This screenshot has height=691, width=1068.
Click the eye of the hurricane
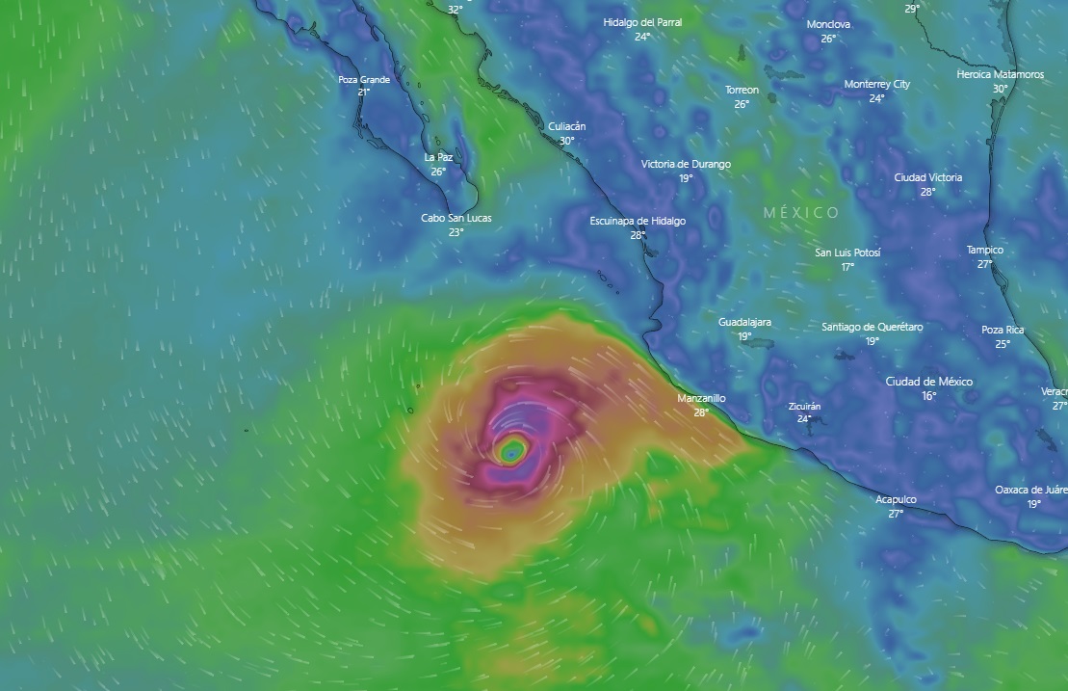[x=511, y=450]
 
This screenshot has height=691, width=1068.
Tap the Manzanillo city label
[x=701, y=398]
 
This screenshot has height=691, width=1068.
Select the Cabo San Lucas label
[x=456, y=218]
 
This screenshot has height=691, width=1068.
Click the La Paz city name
[x=438, y=157]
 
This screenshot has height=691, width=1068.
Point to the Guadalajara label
[x=744, y=322]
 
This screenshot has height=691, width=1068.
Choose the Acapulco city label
[x=896, y=499]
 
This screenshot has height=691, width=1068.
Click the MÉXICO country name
[x=801, y=212]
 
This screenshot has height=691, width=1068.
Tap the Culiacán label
[x=566, y=126]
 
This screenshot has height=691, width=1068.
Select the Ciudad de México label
[x=928, y=382]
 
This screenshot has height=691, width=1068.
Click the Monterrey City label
[x=876, y=84]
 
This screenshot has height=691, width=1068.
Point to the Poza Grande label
[x=364, y=79]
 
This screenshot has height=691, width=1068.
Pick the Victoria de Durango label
[x=686, y=164]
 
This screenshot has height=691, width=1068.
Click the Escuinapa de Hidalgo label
[x=638, y=221]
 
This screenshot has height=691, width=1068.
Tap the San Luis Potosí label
[x=847, y=252]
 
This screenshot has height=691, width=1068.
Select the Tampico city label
[x=984, y=250]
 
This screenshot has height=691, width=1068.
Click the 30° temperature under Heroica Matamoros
[x=1000, y=89]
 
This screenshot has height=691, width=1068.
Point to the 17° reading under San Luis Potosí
[x=847, y=267]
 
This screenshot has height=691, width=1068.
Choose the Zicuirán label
[x=804, y=406]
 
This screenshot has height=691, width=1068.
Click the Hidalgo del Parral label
[x=642, y=22]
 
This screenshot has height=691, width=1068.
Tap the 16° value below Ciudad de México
[x=928, y=396]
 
